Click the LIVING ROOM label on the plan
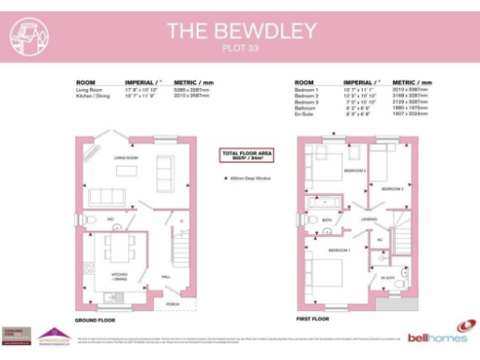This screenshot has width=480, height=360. [127, 159]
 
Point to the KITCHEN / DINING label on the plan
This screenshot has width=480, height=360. [120, 276]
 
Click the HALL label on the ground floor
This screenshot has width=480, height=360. [167, 277]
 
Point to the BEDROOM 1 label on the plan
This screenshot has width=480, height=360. [337, 252]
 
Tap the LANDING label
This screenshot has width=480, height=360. [369, 218]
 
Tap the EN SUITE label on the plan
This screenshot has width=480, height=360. [387, 277]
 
